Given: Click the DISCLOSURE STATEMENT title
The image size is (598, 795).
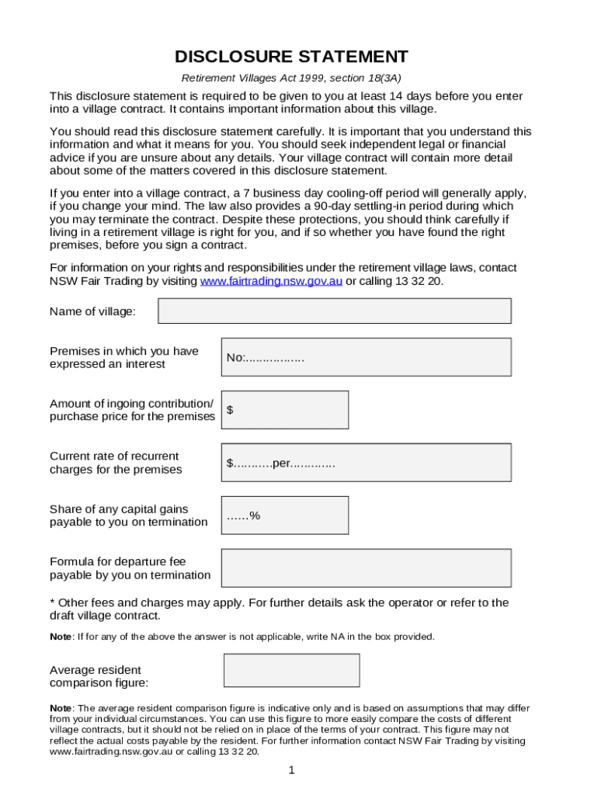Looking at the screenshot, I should [291, 57].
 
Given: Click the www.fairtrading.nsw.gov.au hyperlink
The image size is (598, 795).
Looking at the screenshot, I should [271, 281].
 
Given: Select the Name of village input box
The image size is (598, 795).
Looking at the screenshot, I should [335, 311].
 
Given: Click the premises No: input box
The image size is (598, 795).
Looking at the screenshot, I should [366, 357].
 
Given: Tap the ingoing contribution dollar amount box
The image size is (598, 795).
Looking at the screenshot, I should [285, 410].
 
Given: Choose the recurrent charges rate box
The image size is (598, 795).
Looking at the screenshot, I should [366, 463].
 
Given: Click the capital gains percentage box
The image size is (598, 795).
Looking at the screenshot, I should [285, 516].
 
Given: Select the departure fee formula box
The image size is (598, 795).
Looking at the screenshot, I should [366, 568].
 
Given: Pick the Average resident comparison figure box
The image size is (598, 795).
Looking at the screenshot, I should [291, 670].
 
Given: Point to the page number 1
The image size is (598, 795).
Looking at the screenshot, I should [291, 770].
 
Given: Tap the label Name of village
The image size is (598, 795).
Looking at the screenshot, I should [92, 311].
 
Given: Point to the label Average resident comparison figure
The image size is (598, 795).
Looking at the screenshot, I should [99, 676].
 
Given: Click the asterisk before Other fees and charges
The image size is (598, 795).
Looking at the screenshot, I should [52, 603].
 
